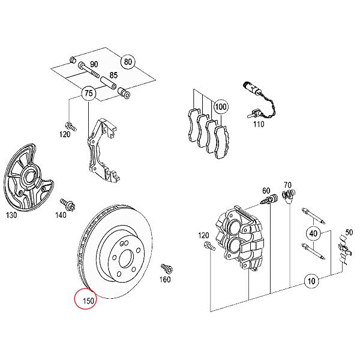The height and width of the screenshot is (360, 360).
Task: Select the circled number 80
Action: [127, 62]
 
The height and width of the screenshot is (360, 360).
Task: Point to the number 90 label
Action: [94, 64]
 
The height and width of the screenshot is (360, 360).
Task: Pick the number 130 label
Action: [11, 215]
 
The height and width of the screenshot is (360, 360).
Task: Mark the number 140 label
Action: [60, 215]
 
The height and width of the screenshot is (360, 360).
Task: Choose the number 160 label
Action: [165, 280]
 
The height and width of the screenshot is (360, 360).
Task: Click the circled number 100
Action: [221, 108]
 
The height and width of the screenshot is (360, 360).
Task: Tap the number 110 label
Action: [258, 124]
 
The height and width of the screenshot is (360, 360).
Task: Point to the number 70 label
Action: [287, 185]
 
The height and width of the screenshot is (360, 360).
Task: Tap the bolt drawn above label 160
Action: [165, 267]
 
